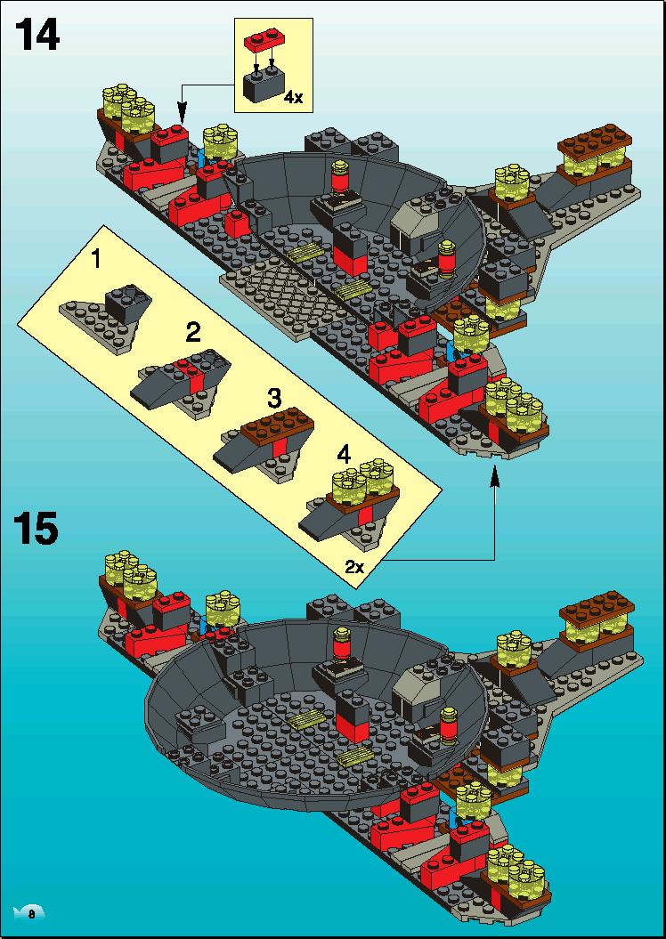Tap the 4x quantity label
point(294,98)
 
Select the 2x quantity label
point(355,566)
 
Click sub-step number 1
point(96,262)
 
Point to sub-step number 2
point(193,332)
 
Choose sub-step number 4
point(343,456)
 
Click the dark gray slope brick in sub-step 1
point(128,303)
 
